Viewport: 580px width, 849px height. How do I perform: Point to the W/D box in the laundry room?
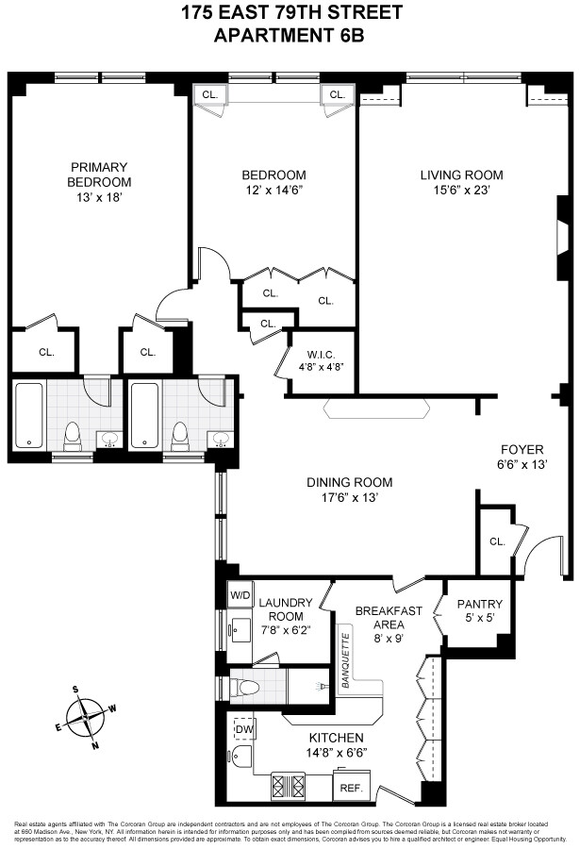tap(240, 596)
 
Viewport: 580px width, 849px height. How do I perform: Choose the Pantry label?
tap(479, 604)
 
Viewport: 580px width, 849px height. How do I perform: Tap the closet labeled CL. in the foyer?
tap(497, 541)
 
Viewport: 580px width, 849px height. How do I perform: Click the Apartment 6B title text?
tap(290, 35)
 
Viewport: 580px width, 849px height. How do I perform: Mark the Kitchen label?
tap(337, 737)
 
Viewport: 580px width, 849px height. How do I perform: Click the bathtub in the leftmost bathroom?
tap(30, 416)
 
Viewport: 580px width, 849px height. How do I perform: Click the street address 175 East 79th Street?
tap(290, 13)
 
